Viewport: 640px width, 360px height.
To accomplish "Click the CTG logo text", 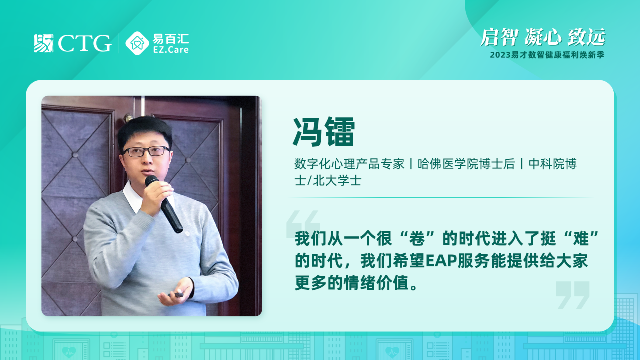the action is click(85, 43).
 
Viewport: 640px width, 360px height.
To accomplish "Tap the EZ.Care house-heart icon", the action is click(137, 43).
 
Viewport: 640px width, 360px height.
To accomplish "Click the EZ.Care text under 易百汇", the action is click(171, 50).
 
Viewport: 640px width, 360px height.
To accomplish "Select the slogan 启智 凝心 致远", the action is click(543, 37).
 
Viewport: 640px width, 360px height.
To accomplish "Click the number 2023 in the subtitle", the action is click(500, 55).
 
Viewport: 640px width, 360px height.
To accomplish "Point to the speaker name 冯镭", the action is click(324, 132).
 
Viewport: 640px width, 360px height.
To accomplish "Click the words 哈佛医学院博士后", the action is click(466, 164).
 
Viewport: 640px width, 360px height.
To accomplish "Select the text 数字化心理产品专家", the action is click(349, 164).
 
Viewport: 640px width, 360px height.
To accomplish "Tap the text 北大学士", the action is click(337, 181).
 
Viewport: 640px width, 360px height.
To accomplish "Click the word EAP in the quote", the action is click(441, 261).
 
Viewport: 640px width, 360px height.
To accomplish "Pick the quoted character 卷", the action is click(417, 238).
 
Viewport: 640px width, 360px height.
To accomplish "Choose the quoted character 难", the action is click(580, 238).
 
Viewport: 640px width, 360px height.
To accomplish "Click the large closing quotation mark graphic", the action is click(573, 295).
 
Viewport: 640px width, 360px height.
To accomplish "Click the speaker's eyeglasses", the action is click(146, 151).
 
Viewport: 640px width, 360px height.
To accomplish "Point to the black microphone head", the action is click(151, 181).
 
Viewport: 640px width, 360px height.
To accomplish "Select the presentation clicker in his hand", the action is click(176, 294).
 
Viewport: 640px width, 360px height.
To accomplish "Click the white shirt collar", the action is click(133, 197).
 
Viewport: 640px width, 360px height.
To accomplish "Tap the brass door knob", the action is click(129, 117).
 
